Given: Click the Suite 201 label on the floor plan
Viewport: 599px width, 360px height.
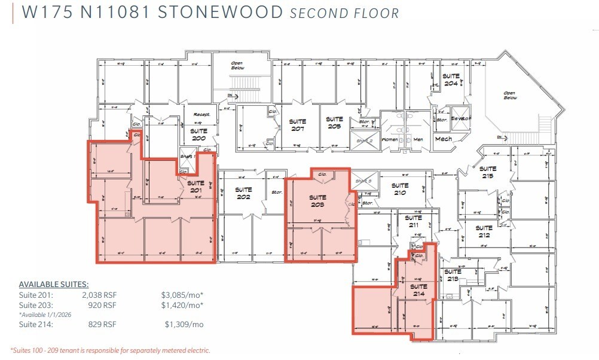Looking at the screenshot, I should click(x=195, y=187).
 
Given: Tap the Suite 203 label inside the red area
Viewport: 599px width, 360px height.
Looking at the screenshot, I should click(x=317, y=201).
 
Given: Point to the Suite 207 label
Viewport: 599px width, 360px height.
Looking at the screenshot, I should click(x=298, y=125).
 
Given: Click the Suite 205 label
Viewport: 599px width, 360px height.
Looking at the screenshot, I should click(x=334, y=123).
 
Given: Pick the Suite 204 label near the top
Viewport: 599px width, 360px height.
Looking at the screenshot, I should click(x=451, y=80).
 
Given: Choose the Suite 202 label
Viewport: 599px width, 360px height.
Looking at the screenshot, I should click(x=243, y=193).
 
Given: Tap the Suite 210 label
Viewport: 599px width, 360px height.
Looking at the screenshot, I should click(x=400, y=189).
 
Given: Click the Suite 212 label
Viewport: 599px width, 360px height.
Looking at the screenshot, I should click(x=484, y=231).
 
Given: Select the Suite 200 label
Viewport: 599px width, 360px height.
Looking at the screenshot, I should click(x=198, y=135).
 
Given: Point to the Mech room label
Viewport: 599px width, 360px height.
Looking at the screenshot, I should click(x=443, y=139).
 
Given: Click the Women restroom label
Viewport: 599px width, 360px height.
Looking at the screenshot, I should click(x=389, y=139).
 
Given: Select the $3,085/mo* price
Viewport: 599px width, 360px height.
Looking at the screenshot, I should click(x=182, y=295).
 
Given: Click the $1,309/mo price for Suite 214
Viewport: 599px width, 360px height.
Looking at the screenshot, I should click(x=184, y=324).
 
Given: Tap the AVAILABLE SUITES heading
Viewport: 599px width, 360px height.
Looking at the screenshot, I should click(x=54, y=284).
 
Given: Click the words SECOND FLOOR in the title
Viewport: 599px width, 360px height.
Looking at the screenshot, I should click(x=344, y=13).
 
